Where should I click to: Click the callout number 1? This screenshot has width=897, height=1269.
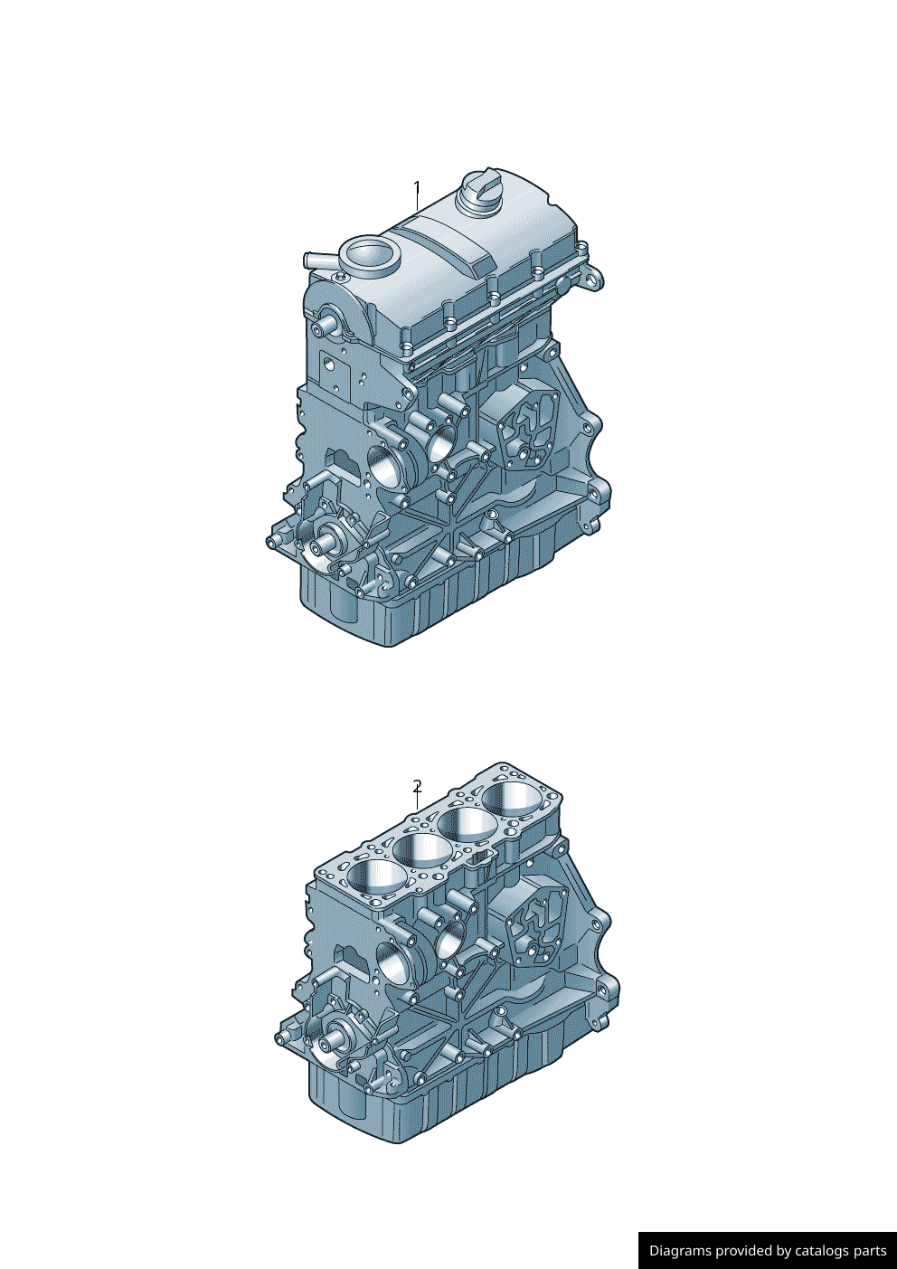click(x=417, y=187)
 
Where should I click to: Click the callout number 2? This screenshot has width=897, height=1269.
click(x=418, y=786)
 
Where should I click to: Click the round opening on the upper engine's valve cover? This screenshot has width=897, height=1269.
click(x=369, y=252)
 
